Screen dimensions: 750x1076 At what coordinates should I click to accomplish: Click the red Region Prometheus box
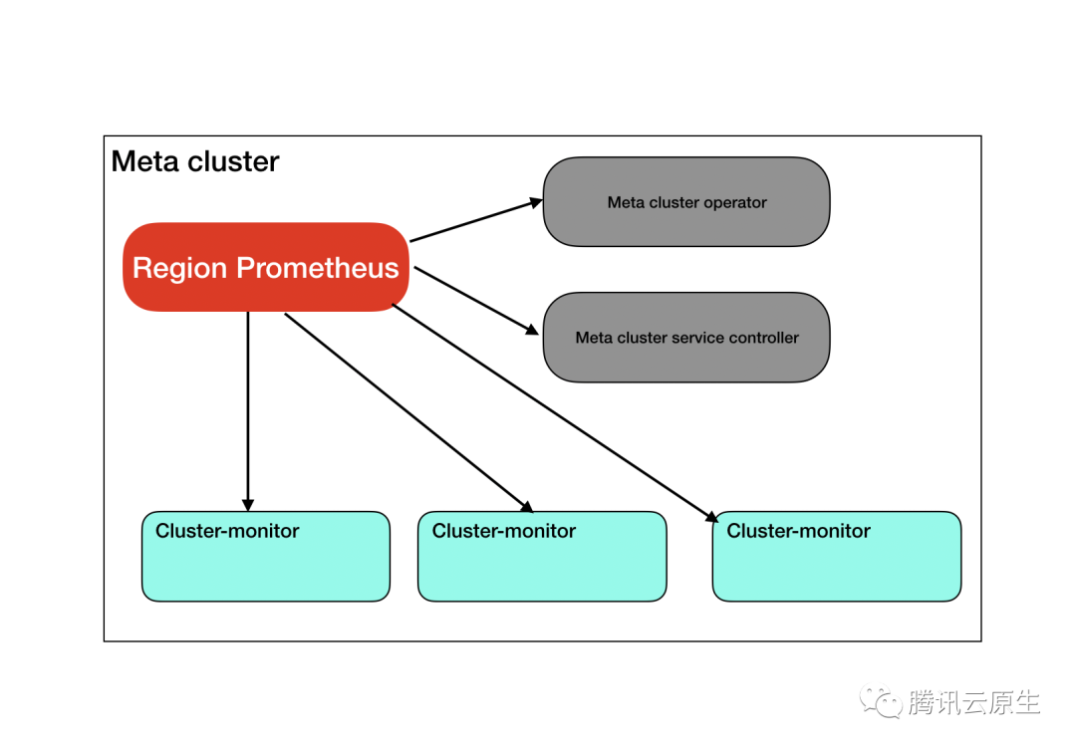coord(266,267)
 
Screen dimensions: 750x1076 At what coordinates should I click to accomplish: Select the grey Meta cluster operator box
coord(686,201)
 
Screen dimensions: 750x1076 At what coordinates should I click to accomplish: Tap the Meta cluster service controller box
coord(686,338)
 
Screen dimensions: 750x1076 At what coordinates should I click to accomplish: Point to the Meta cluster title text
coord(195,161)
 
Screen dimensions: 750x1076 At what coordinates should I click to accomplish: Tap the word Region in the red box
coord(180,268)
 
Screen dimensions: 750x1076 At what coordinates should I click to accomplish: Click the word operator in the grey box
coord(734,202)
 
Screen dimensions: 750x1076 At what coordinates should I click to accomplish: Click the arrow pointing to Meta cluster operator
coord(476,221)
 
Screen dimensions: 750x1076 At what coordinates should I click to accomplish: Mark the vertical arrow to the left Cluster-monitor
coord(248,408)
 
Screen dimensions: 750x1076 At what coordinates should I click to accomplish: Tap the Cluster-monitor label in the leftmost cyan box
coord(227,531)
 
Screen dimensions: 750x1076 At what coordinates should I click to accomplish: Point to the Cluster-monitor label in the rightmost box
coord(798,531)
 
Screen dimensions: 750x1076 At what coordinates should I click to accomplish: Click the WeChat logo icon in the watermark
coord(881,701)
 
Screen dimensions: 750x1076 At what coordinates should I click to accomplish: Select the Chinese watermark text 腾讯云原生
coord(973,702)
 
